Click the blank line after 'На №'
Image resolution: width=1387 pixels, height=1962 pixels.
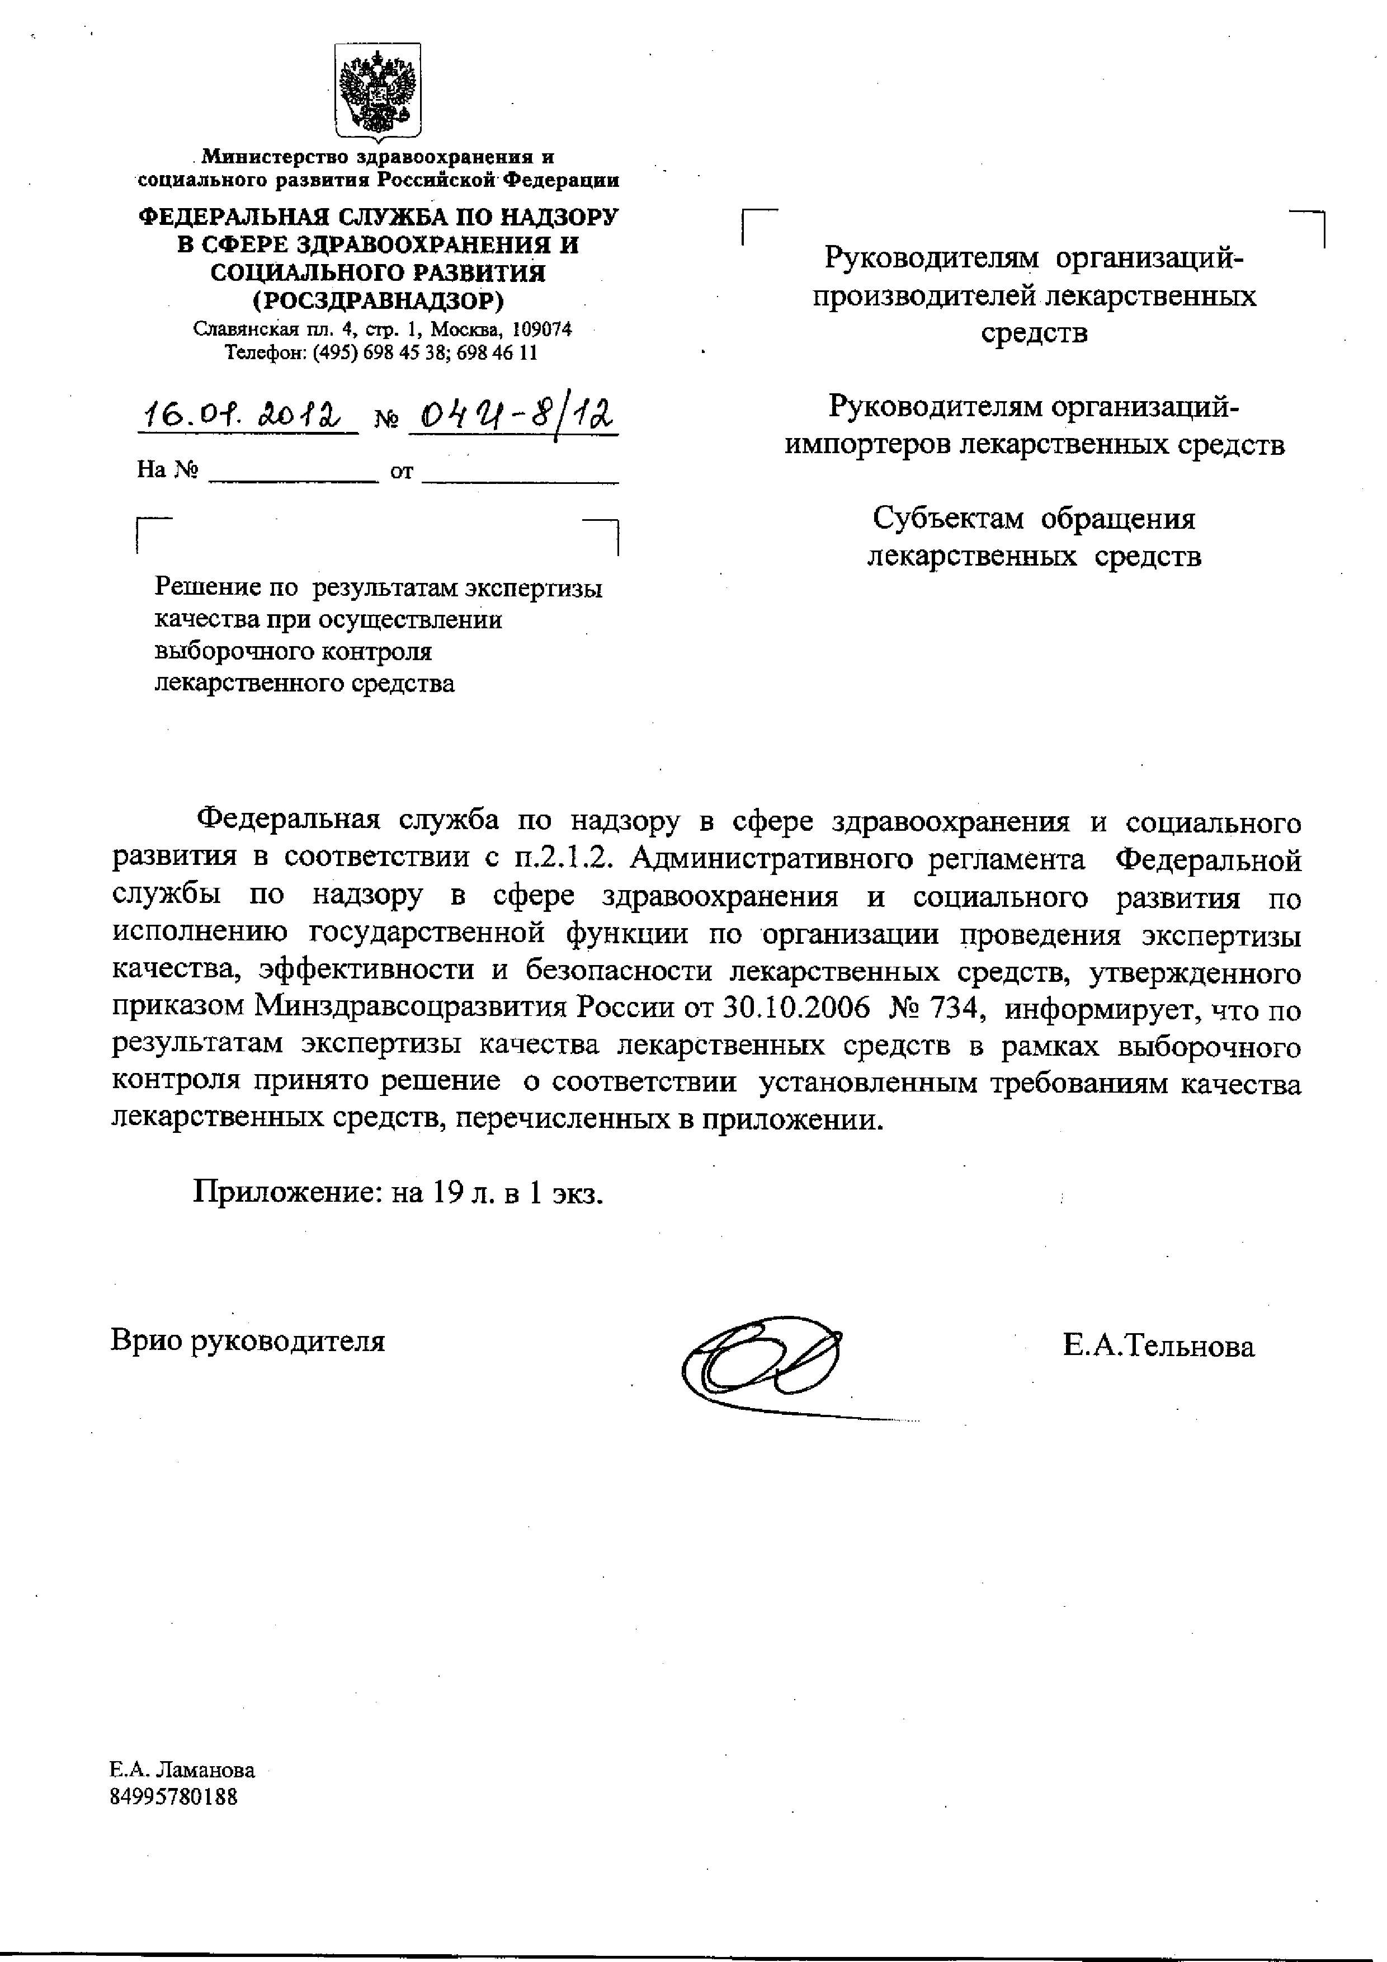click(x=292, y=472)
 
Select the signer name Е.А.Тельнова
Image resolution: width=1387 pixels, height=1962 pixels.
click(x=1158, y=1348)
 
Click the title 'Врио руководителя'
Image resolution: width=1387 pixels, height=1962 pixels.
click(x=248, y=1341)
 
